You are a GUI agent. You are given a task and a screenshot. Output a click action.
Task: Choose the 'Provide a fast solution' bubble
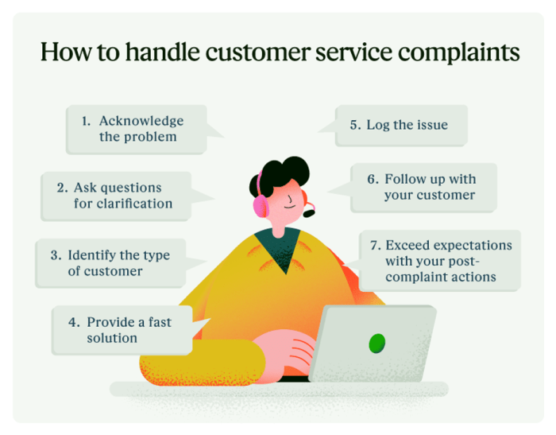(123, 330)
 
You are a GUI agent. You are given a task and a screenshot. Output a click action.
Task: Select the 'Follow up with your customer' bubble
(422, 187)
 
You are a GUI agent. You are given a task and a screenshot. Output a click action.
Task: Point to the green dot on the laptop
(376, 343)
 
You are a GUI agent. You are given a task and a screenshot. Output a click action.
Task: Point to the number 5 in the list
(354, 125)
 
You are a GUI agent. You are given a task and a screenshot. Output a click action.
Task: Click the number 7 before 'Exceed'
(373, 245)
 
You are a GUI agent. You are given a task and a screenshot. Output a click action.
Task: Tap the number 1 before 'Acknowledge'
(85, 121)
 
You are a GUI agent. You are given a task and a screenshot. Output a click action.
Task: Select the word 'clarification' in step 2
(133, 204)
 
